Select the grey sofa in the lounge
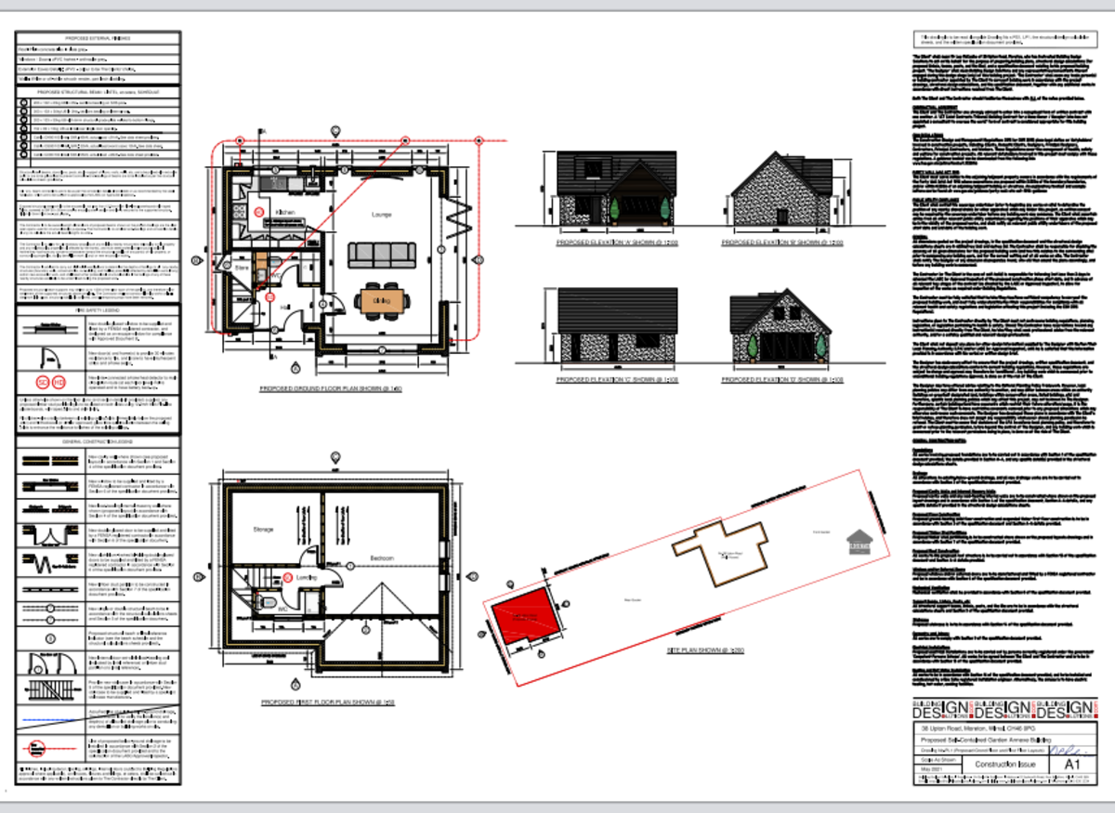tap(381, 254)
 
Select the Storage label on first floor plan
tap(263, 531)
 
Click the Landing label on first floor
tap(308, 577)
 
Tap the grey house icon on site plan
tap(859, 540)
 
